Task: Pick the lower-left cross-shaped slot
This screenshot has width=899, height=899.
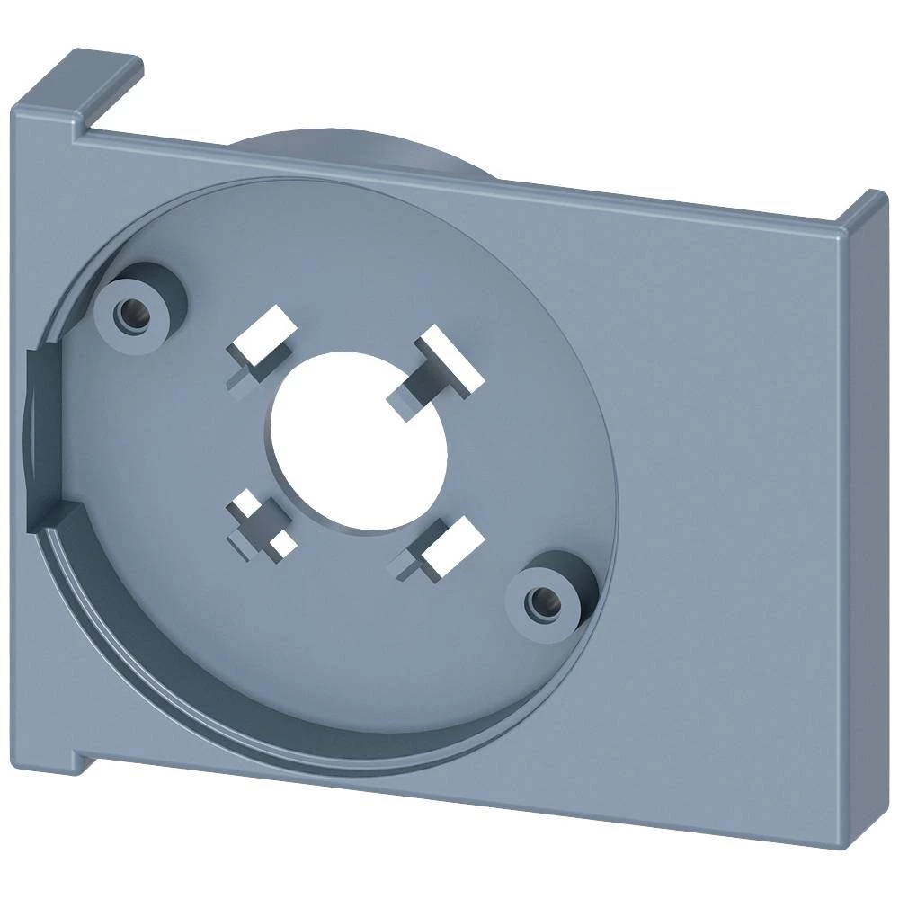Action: coord(262,526)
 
